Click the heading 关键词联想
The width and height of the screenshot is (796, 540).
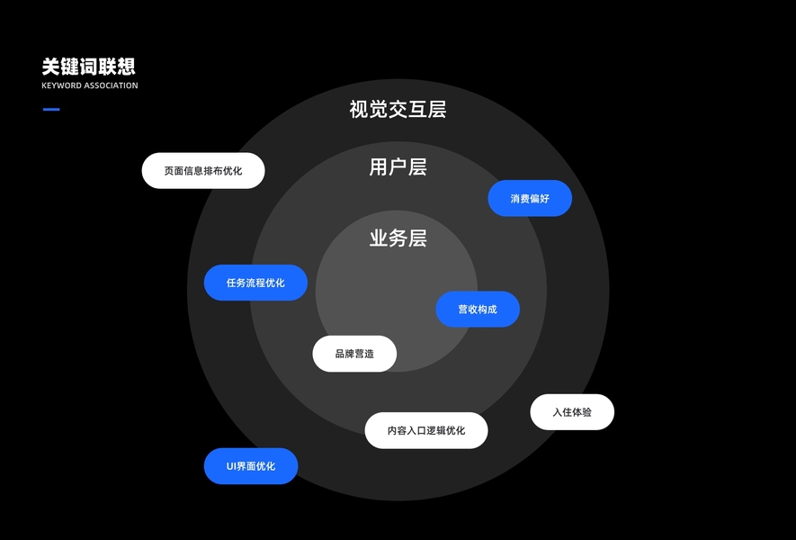click(88, 67)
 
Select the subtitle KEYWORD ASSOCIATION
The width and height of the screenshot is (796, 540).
click(90, 86)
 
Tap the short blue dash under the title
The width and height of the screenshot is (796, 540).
click(51, 110)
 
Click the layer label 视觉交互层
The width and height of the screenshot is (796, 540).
click(398, 110)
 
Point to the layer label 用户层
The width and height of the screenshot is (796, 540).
click(398, 167)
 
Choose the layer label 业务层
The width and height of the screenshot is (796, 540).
click(398, 238)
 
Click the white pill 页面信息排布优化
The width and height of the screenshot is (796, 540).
click(203, 171)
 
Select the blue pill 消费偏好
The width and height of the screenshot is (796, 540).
click(530, 198)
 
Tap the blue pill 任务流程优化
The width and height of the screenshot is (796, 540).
click(255, 283)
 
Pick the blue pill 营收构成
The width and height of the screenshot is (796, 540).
click(478, 310)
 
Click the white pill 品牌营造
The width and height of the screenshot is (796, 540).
click(354, 354)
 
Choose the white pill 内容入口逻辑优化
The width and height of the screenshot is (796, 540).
click(426, 430)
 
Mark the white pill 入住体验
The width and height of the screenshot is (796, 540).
click(572, 412)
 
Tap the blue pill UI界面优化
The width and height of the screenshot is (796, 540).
click(251, 466)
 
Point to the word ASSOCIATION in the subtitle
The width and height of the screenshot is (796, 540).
click(112, 86)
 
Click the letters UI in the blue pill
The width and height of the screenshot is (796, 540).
click(232, 466)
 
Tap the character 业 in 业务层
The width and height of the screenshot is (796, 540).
click(379, 238)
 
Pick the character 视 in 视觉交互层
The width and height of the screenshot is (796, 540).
click(359, 110)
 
